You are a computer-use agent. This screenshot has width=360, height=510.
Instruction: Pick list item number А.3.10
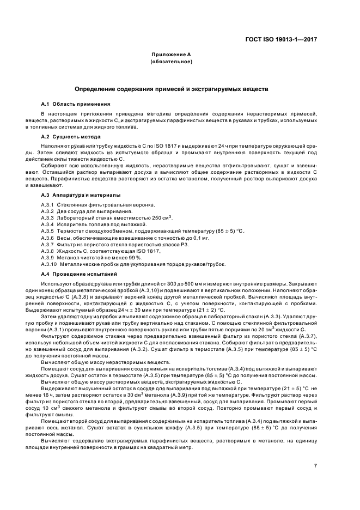click(x=49, y=264)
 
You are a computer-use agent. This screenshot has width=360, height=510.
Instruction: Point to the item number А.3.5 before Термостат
click(x=48, y=231)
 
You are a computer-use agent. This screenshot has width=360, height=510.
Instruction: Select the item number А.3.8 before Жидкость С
click(x=48, y=251)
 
